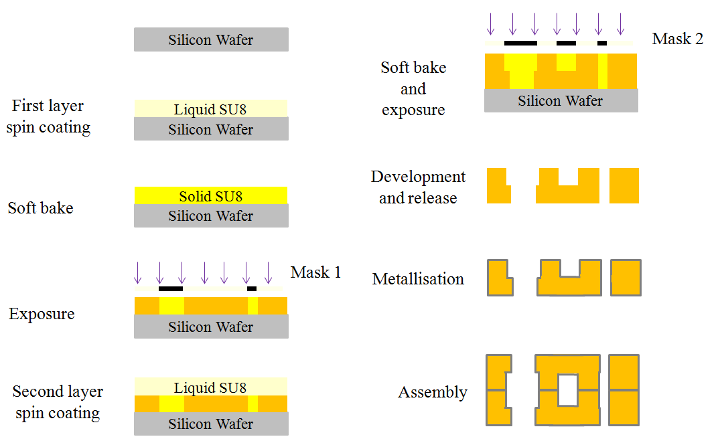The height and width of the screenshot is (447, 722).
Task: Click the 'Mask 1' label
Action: pyautogui.click(x=315, y=272)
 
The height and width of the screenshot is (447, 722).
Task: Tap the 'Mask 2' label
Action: pyautogui.click(x=677, y=39)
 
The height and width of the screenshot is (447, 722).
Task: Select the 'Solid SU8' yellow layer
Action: pyautogui.click(x=211, y=195)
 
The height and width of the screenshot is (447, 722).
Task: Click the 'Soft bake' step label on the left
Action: pyautogui.click(x=40, y=208)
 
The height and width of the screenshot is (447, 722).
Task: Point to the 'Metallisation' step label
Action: pyautogui.click(x=418, y=278)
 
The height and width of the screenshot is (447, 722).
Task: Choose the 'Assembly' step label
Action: pyautogui.click(x=433, y=392)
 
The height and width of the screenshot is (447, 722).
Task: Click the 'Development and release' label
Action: pyautogui.click(x=418, y=187)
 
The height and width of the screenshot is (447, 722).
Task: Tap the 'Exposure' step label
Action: pyautogui.click(x=42, y=314)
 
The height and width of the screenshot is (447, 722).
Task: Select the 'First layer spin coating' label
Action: pyautogui.click(x=48, y=116)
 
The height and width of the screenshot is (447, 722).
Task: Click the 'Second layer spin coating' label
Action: pyautogui.click(x=58, y=402)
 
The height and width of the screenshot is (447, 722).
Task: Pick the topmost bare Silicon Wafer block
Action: pyautogui.click(x=211, y=39)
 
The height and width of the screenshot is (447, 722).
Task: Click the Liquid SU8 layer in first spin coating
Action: pyautogui.click(x=211, y=109)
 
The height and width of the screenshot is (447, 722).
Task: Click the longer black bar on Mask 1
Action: pyautogui.click(x=171, y=288)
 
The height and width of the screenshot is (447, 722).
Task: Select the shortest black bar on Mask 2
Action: pyautogui.click(x=602, y=43)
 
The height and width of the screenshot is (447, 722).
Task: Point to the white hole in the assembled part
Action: pyautogui.click(x=567, y=389)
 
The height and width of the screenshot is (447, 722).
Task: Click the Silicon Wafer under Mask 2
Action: pyautogui.click(x=561, y=101)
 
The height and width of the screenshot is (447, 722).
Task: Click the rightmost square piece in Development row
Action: pyautogui.click(x=624, y=185)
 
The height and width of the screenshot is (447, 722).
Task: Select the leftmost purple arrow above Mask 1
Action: pyautogui.click(x=138, y=272)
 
